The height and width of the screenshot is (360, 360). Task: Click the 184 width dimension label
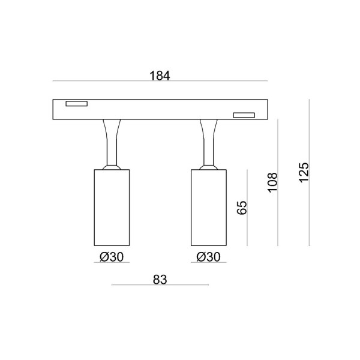[160, 76]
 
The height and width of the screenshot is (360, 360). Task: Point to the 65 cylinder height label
[242, 208]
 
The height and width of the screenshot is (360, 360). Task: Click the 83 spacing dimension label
[159, 280]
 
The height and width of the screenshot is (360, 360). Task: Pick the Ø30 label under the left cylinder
[112, 257]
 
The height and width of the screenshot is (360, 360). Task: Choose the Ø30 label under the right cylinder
[209, 257]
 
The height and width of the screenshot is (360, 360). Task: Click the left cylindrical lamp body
[112, 207]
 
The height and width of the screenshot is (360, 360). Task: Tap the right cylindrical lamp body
[209, 207]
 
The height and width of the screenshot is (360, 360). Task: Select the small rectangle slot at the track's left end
[76, 104]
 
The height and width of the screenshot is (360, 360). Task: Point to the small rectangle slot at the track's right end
[244, 115]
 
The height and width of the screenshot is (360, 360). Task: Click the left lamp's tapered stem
[112, 141]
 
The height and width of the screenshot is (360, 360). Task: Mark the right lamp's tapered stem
[209, 141]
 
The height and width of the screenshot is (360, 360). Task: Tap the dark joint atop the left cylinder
[112, 167]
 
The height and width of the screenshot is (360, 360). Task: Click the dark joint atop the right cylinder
[209, 167]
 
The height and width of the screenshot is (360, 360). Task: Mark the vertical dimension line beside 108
[278, 216]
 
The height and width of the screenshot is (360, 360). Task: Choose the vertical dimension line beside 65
[248, 228]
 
